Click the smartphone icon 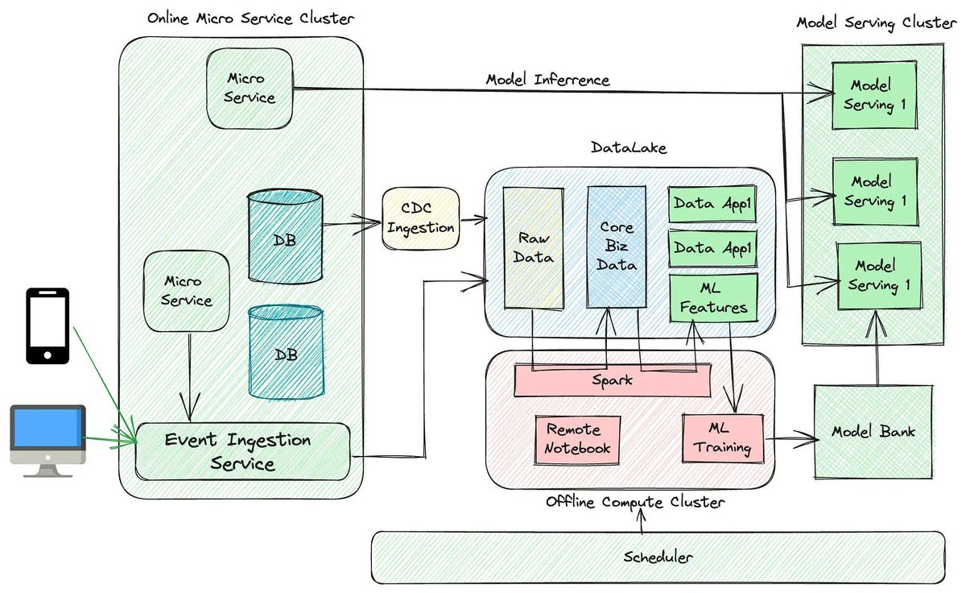[47, 326]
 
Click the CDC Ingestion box [420, 218]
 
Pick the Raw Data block [532, 247]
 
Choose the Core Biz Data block [617, 247]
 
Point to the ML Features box [713, 296]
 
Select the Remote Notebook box [577, 439]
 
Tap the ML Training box [722, 438]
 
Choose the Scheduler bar [657, 557]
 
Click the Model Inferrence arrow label [547, 80]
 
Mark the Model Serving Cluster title [877, 23]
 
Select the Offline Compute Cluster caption [636, 502]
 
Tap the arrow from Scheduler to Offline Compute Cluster [642, 521]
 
